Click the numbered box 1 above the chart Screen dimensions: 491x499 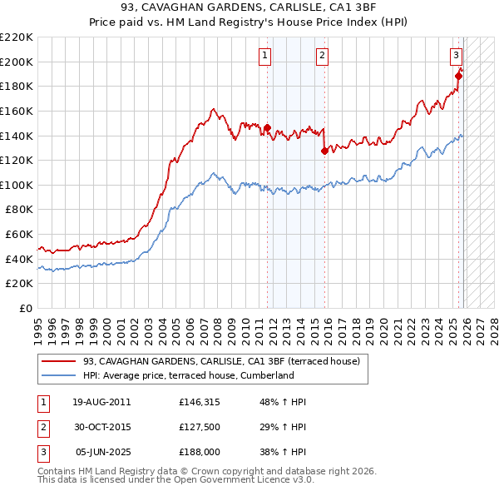(264, 56)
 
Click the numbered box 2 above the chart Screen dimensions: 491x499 (322, 56)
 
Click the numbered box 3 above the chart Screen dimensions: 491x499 (457, 56)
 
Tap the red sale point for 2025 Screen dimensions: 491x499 (458, 76)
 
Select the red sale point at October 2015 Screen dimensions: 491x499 (324, 151)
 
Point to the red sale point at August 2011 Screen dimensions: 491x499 (267, 127)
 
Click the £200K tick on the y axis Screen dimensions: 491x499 (17, 62)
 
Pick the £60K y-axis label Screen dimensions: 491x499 (20, 235)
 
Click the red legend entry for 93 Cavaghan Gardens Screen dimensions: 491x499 (221, 361)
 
